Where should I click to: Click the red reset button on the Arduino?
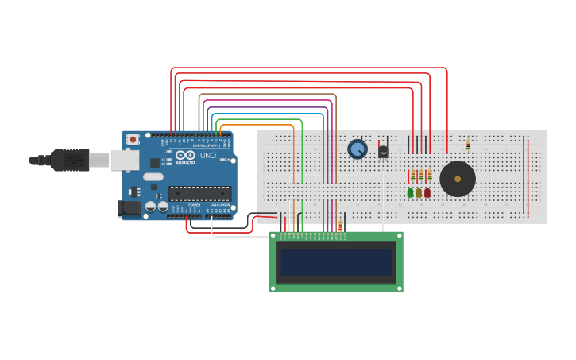[133, 140]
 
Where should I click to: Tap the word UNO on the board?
[207, 156]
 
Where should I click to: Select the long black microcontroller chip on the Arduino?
[199, 193]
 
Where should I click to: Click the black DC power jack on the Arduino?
[129, 208]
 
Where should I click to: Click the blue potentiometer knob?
[358, 149]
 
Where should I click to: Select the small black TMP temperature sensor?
[383, 152]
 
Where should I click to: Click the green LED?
[411, 192]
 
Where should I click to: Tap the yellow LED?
[419, 192]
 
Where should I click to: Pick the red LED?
[427, 192]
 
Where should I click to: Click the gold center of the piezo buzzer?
[458, 179]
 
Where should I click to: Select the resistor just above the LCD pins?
[340, 226]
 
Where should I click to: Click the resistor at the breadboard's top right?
[468, 145]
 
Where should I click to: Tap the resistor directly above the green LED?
[412, 176]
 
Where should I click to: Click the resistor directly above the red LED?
[430, 176]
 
